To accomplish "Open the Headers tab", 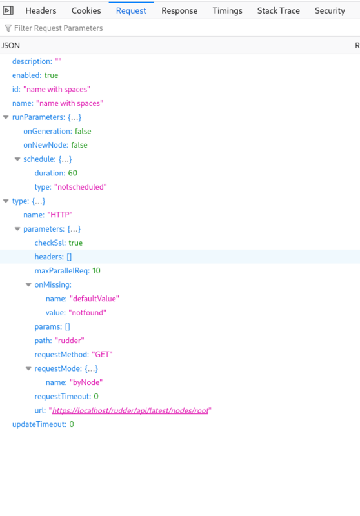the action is [x=41, y=10].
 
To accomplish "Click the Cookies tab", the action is [x=86, y=10].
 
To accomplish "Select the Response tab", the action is [x=179, y=10].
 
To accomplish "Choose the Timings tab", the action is [x=227, y=10].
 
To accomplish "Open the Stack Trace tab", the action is [x=279, y=10].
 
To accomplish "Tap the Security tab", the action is [x=330, y=10].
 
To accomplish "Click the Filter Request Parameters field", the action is [x=58, y=28].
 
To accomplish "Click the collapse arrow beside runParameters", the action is [x=6, y=117].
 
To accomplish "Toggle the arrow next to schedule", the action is [x=17, y=159].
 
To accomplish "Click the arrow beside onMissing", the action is [x=28, y=284].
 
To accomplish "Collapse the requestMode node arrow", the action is [x=28, y=368].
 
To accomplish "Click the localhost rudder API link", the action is [x=130, y=410].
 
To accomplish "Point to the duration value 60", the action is [x=73, y=173].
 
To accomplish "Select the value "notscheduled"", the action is [x=81, y=187].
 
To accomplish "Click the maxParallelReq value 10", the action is [x=96, y=271].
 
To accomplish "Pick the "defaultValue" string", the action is [x=94, y=299].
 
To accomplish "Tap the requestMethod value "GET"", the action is [x=102, y=354].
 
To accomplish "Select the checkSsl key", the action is [x=50, y=243].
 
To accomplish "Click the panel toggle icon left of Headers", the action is [x=8, y=10].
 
